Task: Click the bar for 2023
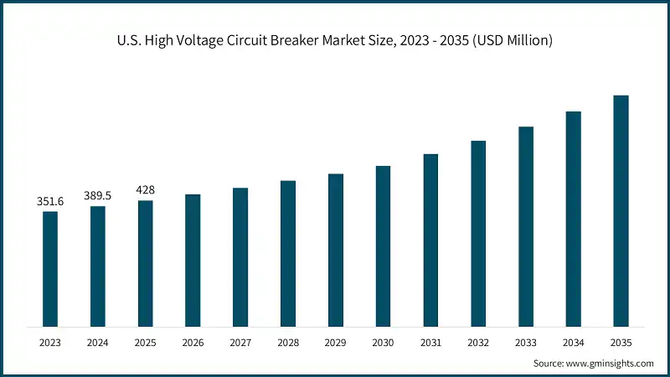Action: pyautogui.click(x=50, y=268)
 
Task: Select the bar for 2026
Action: pyautogui.click(x=193, y=260)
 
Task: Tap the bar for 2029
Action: pyautogui.click(x=335, y=250)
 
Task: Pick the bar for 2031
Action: pyautogui.click(x=430, y=240)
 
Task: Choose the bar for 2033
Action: pyautogui.click(x=526, y=226)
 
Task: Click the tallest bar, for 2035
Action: pyautogui.click(x=621, y=210)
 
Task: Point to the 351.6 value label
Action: pyautogui.click(x=50, y=201)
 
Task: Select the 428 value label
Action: pyautogui.click(x=145, y=189)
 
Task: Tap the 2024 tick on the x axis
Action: pyautogui.click(x=98, y=342)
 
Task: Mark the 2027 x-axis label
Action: pyautogui.click(x=240, y=342)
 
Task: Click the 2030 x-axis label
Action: pyautogui.click(x=383, y=342)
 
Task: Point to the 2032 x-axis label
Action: pyautogui.click(x=478, y=342)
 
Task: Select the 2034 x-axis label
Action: pyautogui.click(x=573, y=342)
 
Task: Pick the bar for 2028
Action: pyautogui.click(x=288, y=253)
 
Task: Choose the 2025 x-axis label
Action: pyautogui.click(x=145, y=342)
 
